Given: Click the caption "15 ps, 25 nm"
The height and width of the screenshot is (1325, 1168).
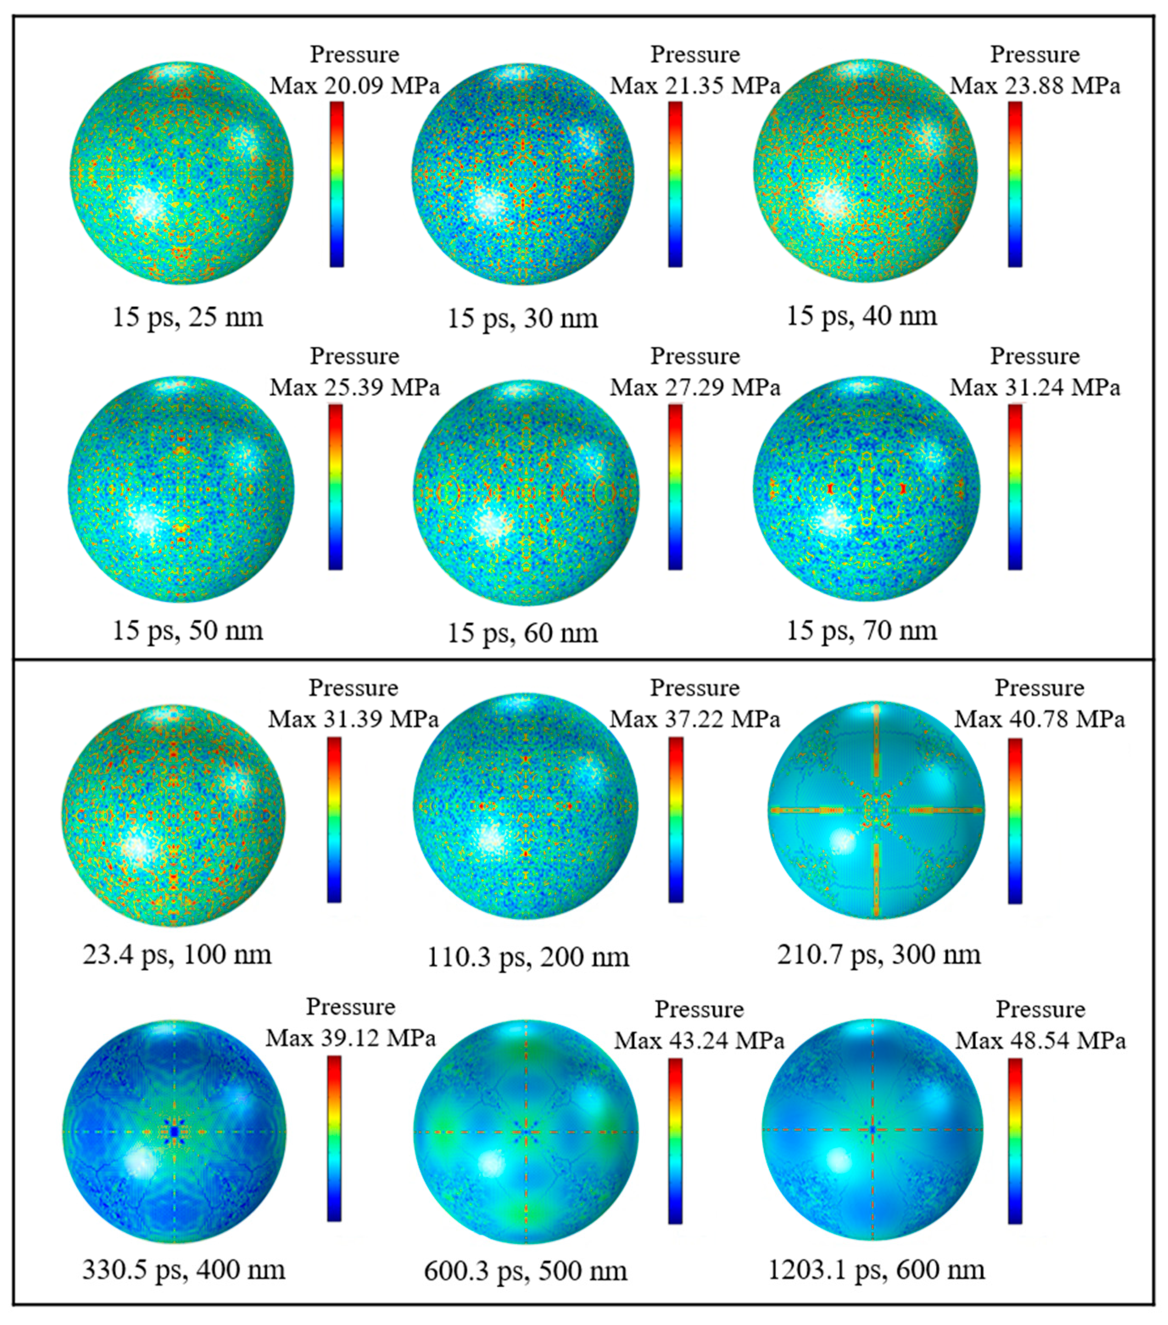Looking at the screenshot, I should coord(188,317).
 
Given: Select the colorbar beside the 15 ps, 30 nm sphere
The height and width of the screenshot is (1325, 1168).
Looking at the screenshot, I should coord(675,184).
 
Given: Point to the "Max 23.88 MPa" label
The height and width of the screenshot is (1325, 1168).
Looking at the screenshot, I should coord(1035,86).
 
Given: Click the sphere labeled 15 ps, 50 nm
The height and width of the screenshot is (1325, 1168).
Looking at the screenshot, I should coord(181,490).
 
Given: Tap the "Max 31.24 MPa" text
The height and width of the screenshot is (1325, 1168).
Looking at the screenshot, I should coord(1035,388).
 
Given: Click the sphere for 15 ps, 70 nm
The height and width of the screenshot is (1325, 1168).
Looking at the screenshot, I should coord(867,490).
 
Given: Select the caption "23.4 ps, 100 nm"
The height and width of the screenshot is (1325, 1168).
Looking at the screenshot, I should coord(177,954).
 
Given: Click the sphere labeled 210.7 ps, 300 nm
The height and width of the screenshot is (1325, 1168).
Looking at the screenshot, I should coord(876,810).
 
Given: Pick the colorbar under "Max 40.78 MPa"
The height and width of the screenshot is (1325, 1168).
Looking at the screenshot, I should coord(1015,821).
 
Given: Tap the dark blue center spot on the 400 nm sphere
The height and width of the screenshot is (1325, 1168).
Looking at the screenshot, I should coord(174,1132).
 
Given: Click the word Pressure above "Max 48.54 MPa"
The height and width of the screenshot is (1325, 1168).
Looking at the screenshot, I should coord(1040,1009).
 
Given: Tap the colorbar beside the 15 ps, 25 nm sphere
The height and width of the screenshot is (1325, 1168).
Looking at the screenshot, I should coord(337,184).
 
